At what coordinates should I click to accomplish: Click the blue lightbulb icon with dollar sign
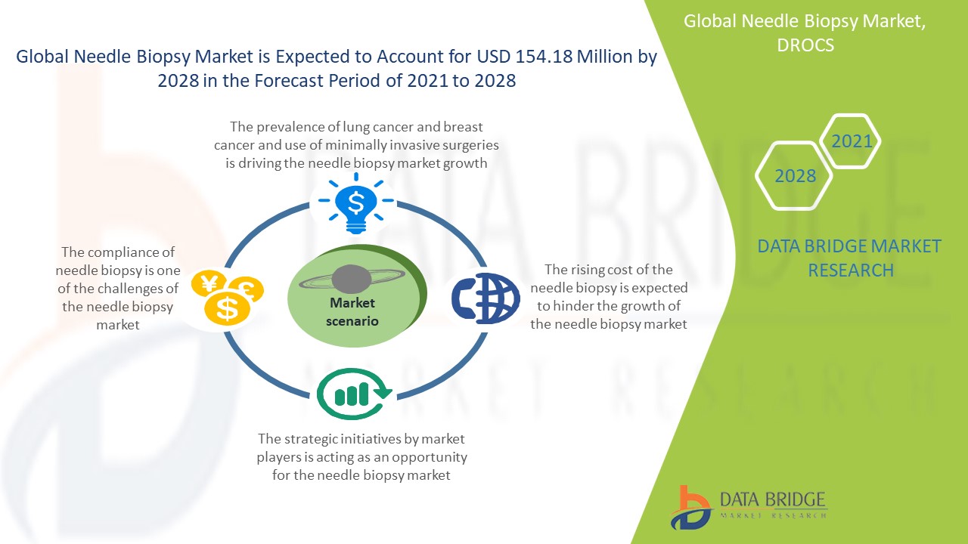(355, 203)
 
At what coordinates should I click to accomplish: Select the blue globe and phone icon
(486, 298)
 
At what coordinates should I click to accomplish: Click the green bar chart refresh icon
(355, 394)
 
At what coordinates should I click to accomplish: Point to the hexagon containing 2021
(851, 141)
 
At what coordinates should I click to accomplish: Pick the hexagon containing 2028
(794, 176)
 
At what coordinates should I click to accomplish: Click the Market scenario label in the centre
(352, 312)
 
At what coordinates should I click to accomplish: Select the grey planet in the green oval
(352, 279)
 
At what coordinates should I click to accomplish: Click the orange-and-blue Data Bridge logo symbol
(690, 508)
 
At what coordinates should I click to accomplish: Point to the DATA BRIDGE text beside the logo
(773, 499)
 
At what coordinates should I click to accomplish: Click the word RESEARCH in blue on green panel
(851, 270)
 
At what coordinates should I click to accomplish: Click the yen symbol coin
(209, 283)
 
